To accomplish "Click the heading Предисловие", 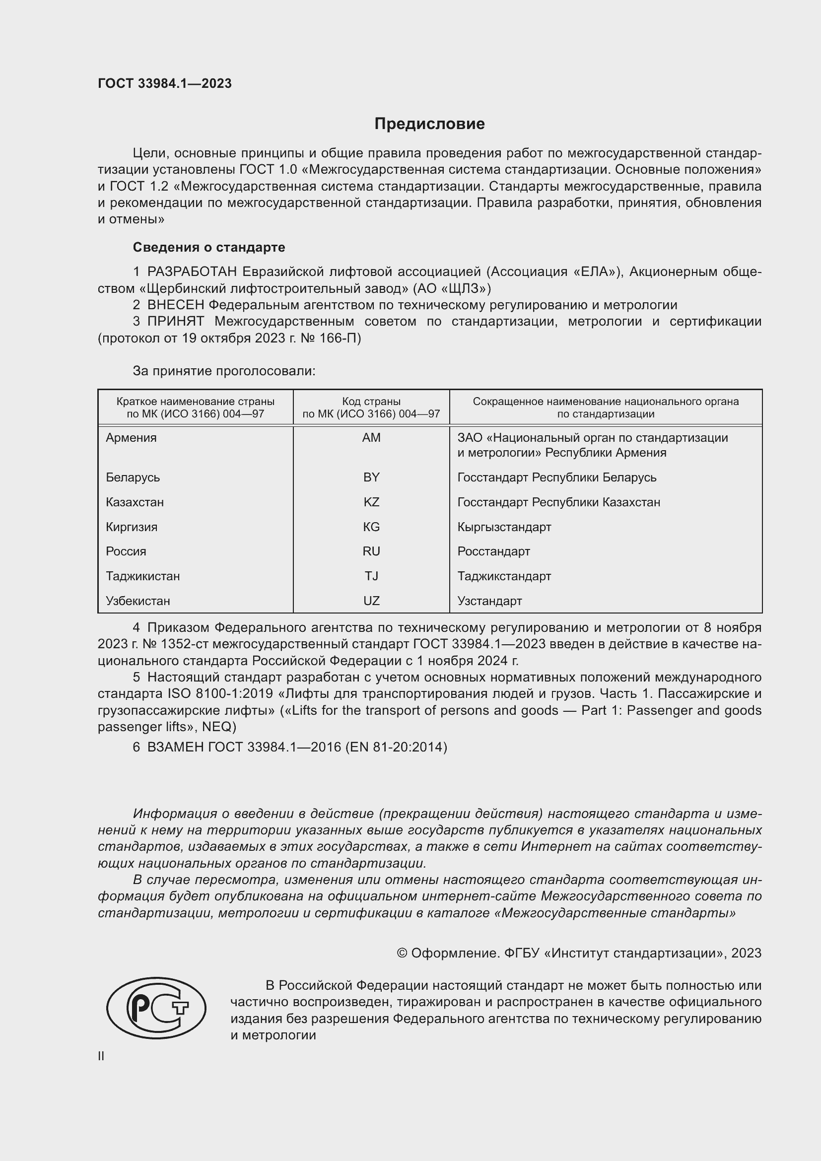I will pyautogui.click(x=429, y=124).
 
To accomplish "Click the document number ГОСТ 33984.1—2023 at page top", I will pyautogui.click(x=164, y=83).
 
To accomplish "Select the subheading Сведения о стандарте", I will pyautogui.click(x=208, y=247).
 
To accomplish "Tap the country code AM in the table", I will pyautogui.click(x=371, y=438).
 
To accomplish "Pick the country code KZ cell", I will pyautogui.click(x=371, y=502).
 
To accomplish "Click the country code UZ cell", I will pyautogui.click(x=371, y=601).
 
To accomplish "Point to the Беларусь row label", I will pyautogui.click(x=133, y=478).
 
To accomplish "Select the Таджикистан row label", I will pyautogui.click(x=142, y=576).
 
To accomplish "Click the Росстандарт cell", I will pyautogui.click(x=493, y=551).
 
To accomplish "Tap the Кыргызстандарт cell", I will pyautogui.click(x=504, y=527).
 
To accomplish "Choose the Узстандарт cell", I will pyautogui.click(x=489, y=601).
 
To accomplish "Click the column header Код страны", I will pyautogui.click(x=371, y=402).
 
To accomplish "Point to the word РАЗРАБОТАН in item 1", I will pyautogui.click(x=192, y=272).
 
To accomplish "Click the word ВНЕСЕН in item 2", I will pyautogui.click(x=175, y=305).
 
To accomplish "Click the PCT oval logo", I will pyautogui.click(x=156, y=1008).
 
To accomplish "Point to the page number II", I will pyautogui.click(x=101, y=1056).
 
